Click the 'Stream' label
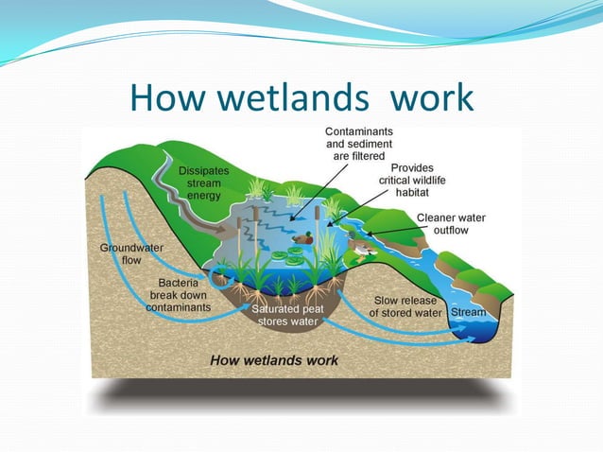coord(469,312)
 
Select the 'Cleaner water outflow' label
coord(450,223)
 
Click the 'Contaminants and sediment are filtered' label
coord(359,143)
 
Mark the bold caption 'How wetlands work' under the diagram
coord(273,360)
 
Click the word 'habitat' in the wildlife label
coord(412,192)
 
